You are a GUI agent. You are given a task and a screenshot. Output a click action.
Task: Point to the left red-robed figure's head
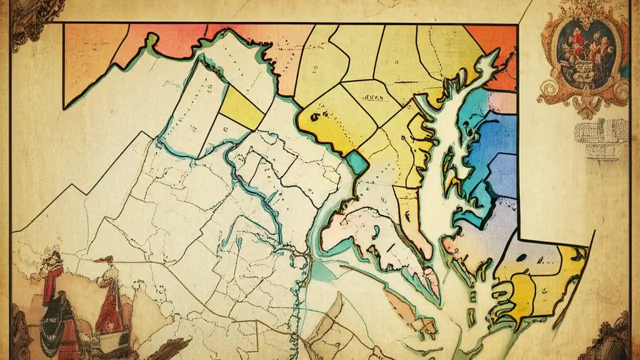point(53,260)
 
